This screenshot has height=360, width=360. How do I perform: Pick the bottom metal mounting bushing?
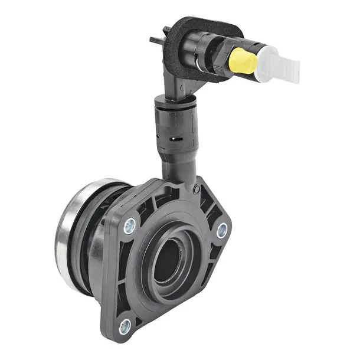(x=125, y=324)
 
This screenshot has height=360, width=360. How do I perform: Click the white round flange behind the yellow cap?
(x=260, y=59)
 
